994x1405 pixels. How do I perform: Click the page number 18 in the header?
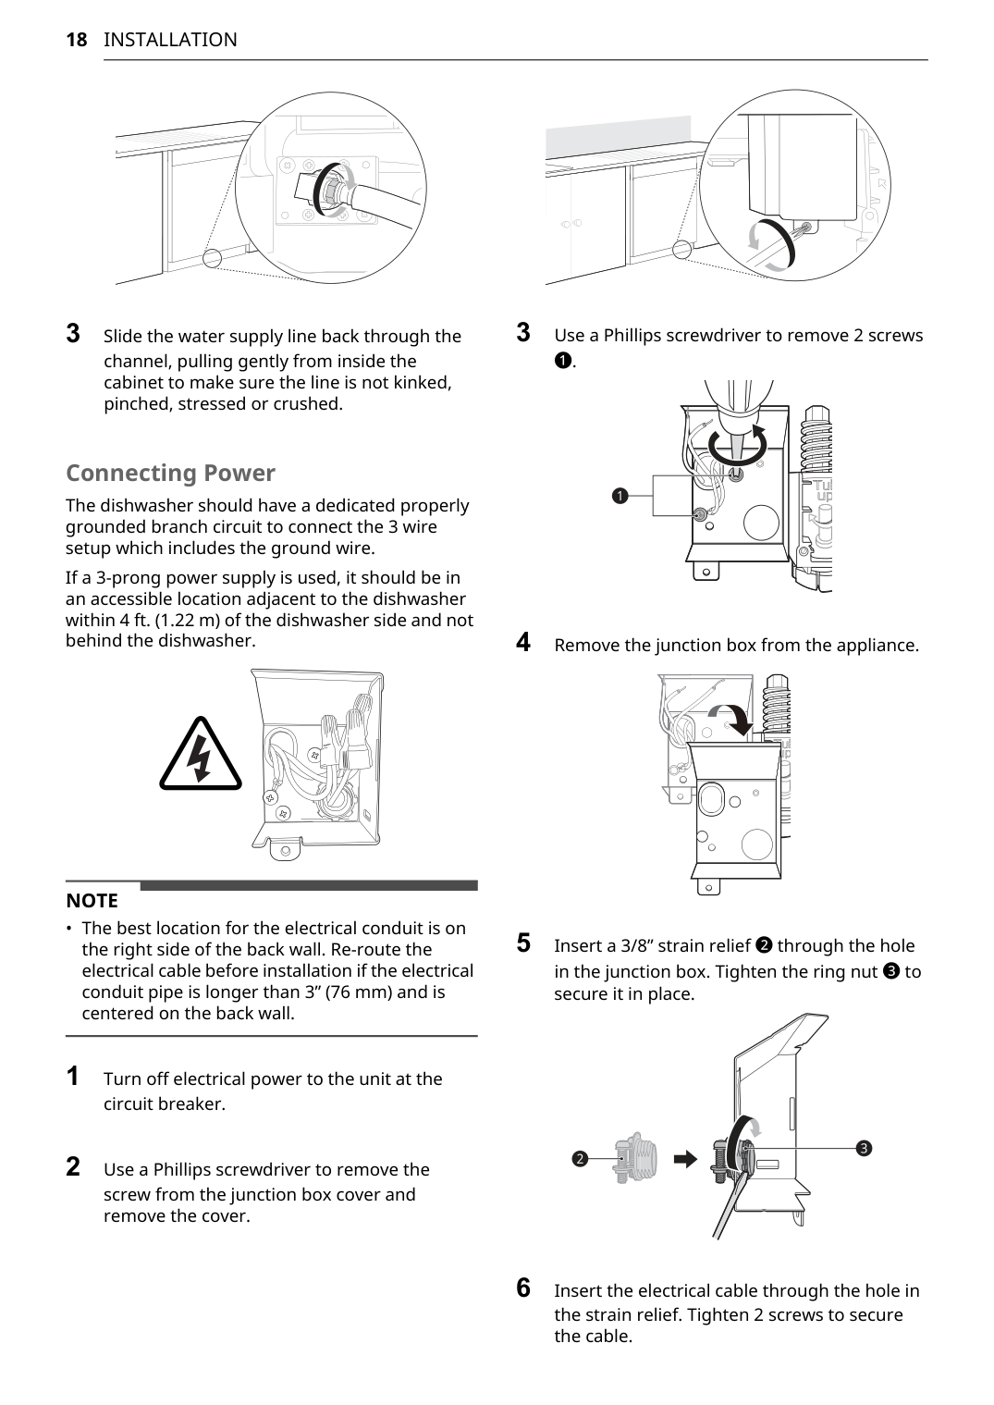click(x=76, y=40)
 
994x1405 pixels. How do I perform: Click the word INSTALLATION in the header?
click(x=170, y=40)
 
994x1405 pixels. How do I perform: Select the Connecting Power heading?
click(x=170, y=473)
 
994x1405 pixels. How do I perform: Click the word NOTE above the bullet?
click(x=92, y=901)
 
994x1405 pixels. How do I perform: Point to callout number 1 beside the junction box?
click(x=620, y=496)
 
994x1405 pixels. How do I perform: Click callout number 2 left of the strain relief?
click(x=580, y=1159)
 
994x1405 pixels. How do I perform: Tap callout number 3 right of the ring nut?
click(x=864, y=1148)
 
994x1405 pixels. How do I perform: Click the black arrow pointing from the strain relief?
click(x=685, y=1159)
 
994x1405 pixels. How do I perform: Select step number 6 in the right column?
click(x=523, y=1288)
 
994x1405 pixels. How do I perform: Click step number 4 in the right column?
click(x=523, y=642)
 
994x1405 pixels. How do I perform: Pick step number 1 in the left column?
click(x=72, y=1076)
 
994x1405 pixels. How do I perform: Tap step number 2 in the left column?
click(x=72, y=1166)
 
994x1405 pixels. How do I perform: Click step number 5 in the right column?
click(x=523, y=943)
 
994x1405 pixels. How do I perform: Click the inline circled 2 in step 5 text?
click(x=764, y=945)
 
